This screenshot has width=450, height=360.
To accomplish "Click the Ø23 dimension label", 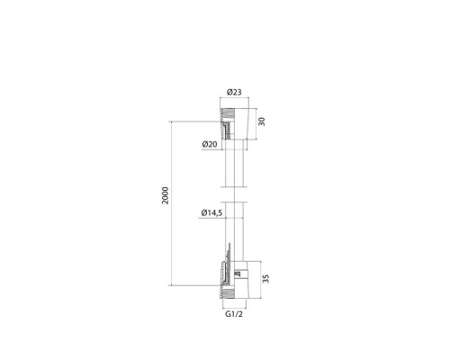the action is (x=234, y=92).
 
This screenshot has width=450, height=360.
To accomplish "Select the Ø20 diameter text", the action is (x=210, y=144).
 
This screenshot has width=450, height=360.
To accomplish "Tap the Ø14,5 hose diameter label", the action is (x=211, y=212).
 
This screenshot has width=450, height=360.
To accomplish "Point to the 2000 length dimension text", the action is (x=166, y=195).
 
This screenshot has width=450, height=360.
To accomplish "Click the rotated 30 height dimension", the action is (x=262, y=121).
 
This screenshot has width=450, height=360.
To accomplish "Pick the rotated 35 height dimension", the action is (x=265, y=278).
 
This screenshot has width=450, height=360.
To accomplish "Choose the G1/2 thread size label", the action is (x=234, y=314).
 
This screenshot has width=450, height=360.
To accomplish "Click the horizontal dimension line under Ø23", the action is (x=234, y=97).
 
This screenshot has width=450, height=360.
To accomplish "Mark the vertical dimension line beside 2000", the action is (x=171, y=203).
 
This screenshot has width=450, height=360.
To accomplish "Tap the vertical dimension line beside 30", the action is (x=256, y=124).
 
